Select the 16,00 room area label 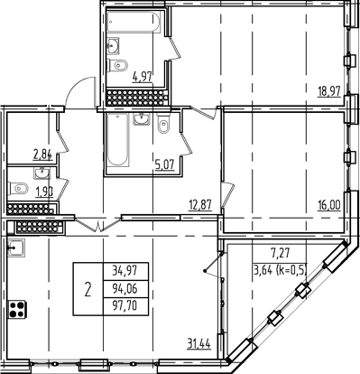[328, 205]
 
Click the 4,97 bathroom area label [143, 78]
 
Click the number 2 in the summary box [88, 291]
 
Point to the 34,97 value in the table [125, 270]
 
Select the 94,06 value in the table [125, 289]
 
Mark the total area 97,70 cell [125, 308]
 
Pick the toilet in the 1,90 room [22, 190]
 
